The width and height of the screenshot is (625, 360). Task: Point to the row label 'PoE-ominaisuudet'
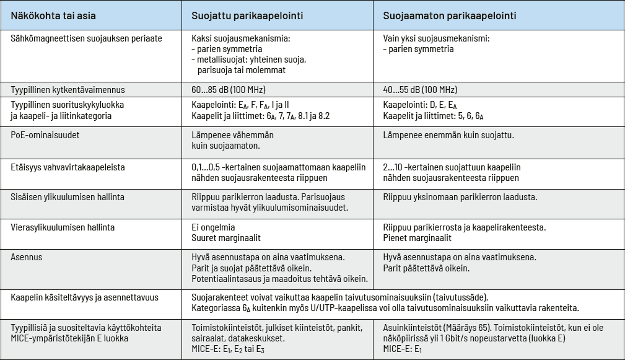(46, 134)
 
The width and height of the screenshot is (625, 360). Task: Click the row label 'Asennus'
(27, 257)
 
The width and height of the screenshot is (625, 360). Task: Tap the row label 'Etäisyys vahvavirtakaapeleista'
(72, 167)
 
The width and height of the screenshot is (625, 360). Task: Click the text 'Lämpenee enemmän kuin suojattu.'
(448, 134)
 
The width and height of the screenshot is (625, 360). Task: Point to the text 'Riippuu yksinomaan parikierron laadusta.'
(460, 197)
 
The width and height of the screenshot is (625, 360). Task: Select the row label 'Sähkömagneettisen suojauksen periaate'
(87, 38)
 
